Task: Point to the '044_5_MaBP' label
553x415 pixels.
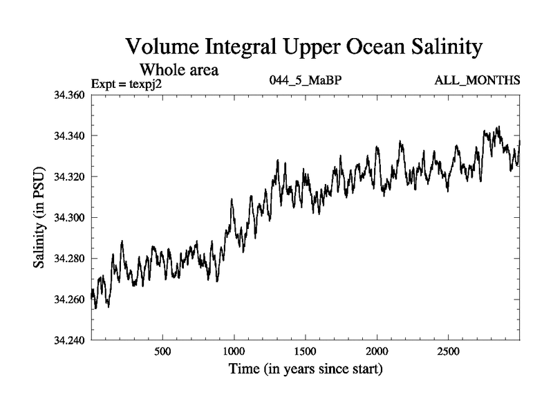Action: (x=305, y=82)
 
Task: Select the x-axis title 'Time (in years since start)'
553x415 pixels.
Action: (x=306, y=370)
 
